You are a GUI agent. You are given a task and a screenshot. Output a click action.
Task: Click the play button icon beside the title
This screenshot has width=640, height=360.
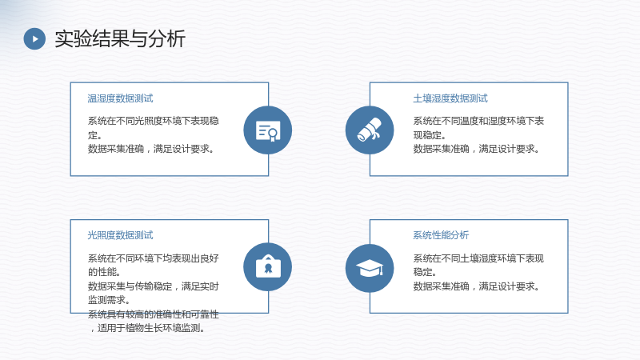click(34, 38)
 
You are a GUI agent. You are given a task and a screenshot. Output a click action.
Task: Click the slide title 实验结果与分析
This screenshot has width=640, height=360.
click(120, 38)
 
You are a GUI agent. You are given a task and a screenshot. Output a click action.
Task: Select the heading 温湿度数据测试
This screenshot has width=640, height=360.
click(120, 98)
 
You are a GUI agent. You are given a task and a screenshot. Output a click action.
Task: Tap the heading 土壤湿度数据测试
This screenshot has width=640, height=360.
click(450, 98)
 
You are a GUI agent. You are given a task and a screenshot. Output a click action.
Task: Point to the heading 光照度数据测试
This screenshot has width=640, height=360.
click(120, 235)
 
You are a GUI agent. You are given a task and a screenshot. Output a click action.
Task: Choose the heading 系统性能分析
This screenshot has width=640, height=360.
click(441, 235)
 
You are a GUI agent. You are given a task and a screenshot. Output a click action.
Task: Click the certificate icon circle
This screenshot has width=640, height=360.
click(268, 130)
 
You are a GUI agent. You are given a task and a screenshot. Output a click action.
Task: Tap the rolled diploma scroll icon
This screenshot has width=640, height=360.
click(370, 130)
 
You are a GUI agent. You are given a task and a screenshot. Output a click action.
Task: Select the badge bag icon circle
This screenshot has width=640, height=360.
click(268, 267)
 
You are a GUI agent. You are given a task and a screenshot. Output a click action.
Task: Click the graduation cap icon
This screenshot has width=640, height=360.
click(370, 268)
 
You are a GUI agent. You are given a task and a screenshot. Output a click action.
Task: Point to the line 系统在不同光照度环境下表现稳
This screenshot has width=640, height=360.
click(153, 121)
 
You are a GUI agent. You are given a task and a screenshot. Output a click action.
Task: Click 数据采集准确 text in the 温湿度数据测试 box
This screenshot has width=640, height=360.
click(116, 149)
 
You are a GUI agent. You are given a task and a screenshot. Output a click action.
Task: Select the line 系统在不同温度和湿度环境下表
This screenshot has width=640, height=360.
click(478, 121)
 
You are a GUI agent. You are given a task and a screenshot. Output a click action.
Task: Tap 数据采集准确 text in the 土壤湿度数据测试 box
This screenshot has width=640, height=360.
click(442, 149)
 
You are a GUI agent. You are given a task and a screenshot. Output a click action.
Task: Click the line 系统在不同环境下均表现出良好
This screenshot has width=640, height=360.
click(153, 258)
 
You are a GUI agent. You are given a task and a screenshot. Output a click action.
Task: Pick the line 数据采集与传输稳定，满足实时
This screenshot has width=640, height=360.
click(153, 286)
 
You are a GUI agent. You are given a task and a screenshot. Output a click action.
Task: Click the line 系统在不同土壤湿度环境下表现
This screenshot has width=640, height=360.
click(478, 258)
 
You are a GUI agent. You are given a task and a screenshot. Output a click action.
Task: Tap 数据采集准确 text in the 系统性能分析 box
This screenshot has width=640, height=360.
click(442, 286)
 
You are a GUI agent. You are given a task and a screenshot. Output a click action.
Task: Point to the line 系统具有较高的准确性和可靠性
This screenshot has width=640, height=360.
click(153, 314)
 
